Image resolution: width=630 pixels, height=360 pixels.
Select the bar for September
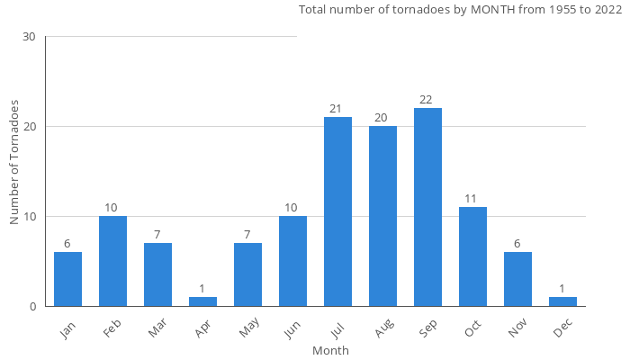pos(427,207)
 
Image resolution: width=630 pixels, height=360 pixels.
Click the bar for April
pos(202,301)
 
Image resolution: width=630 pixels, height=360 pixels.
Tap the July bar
pos(337,211)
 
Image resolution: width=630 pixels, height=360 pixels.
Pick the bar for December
pos(562,301)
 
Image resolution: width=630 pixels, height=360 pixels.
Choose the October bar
pos(472,256)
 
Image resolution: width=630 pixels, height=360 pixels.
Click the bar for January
pos(67,279)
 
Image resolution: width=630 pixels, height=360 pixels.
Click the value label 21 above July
pos(337,109)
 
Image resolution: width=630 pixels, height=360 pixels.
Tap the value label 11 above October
pos(472,199)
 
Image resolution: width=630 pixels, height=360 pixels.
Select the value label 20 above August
pos(382,118)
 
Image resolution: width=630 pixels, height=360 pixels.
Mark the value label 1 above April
pos(202,289)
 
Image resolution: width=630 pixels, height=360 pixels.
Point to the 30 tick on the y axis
pos(29,37)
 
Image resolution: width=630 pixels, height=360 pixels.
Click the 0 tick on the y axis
pos(32,307)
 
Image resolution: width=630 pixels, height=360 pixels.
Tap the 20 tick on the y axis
pos(29,127)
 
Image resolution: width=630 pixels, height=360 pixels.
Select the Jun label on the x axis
pos(292,328)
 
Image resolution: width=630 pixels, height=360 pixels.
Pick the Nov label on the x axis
pos(517,329)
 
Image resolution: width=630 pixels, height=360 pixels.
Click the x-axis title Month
pos(330,350)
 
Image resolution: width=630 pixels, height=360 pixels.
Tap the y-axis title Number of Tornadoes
pos(15,163)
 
